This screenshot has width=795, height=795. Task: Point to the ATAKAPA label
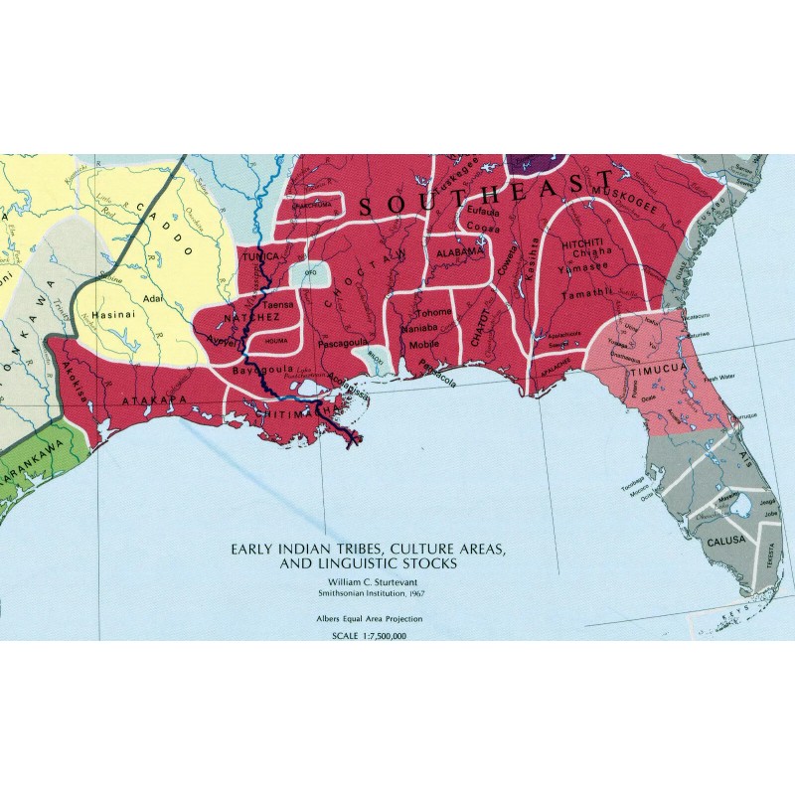pyautogui.click(x=147, y=400)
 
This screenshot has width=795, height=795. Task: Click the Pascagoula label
pyautogui.click(x=343, y=343)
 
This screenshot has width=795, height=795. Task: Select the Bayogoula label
pyautogui.click(x=254, y=370)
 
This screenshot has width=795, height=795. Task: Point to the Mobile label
pyautogui.click(x=423, y=344)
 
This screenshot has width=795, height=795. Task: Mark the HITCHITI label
pyautogui.click(x=583, y=241)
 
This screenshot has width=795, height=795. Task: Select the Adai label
pyautogui.click(x=152, y=297)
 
